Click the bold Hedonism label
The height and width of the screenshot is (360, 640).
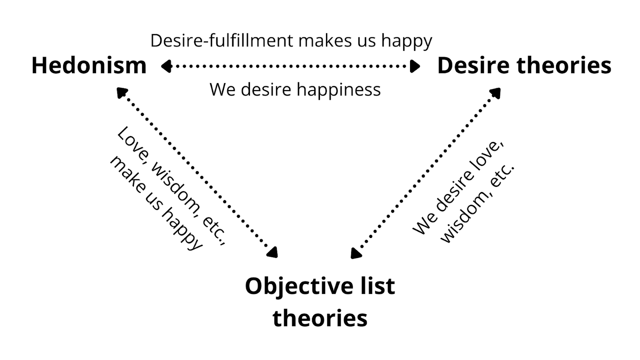(x=89, y=66)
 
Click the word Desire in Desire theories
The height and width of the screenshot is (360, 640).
(x=474, y=66)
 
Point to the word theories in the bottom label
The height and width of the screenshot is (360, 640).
(x=320, y=318)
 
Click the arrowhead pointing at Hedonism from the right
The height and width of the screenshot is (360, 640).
(x=166, y=66)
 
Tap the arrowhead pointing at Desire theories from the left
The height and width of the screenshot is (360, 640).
(x=415, y=66)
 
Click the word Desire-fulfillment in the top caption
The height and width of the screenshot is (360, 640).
(x=222, y=41)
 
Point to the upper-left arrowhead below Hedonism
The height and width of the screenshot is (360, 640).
(x=122, y=92)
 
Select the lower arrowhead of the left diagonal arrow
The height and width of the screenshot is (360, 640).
(x=272, y=253)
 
